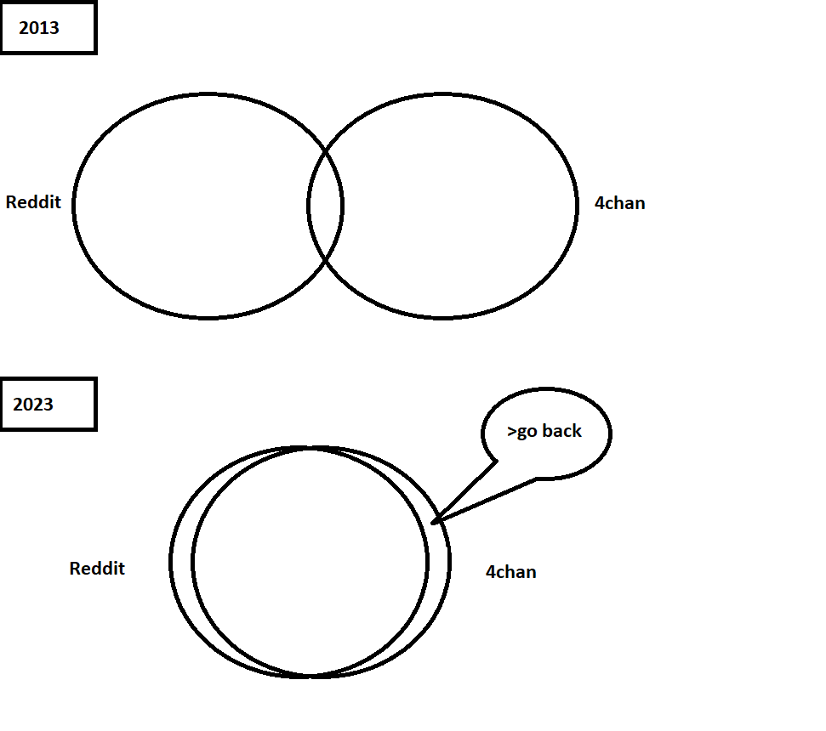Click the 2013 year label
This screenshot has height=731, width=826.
39,28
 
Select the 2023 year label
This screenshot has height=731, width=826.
33,404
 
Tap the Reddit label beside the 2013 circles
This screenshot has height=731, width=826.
33,202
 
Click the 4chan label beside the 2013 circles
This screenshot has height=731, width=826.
619,204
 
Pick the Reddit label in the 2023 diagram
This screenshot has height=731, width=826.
97,569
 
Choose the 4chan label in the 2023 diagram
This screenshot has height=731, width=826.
510,572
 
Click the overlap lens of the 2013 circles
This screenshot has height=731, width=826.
325,206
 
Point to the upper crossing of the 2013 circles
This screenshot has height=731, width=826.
326,151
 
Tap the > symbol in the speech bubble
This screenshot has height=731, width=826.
511,432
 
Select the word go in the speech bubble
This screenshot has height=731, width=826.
527,433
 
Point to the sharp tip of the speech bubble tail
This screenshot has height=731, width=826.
433,522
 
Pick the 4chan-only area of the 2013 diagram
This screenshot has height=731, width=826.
459,206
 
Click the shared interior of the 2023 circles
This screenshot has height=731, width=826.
310,563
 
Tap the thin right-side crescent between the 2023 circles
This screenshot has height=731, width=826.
438,563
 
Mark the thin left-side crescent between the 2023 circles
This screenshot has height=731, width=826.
182,563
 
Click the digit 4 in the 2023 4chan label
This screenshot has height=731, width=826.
490,572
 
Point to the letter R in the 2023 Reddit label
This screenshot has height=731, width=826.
75,569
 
